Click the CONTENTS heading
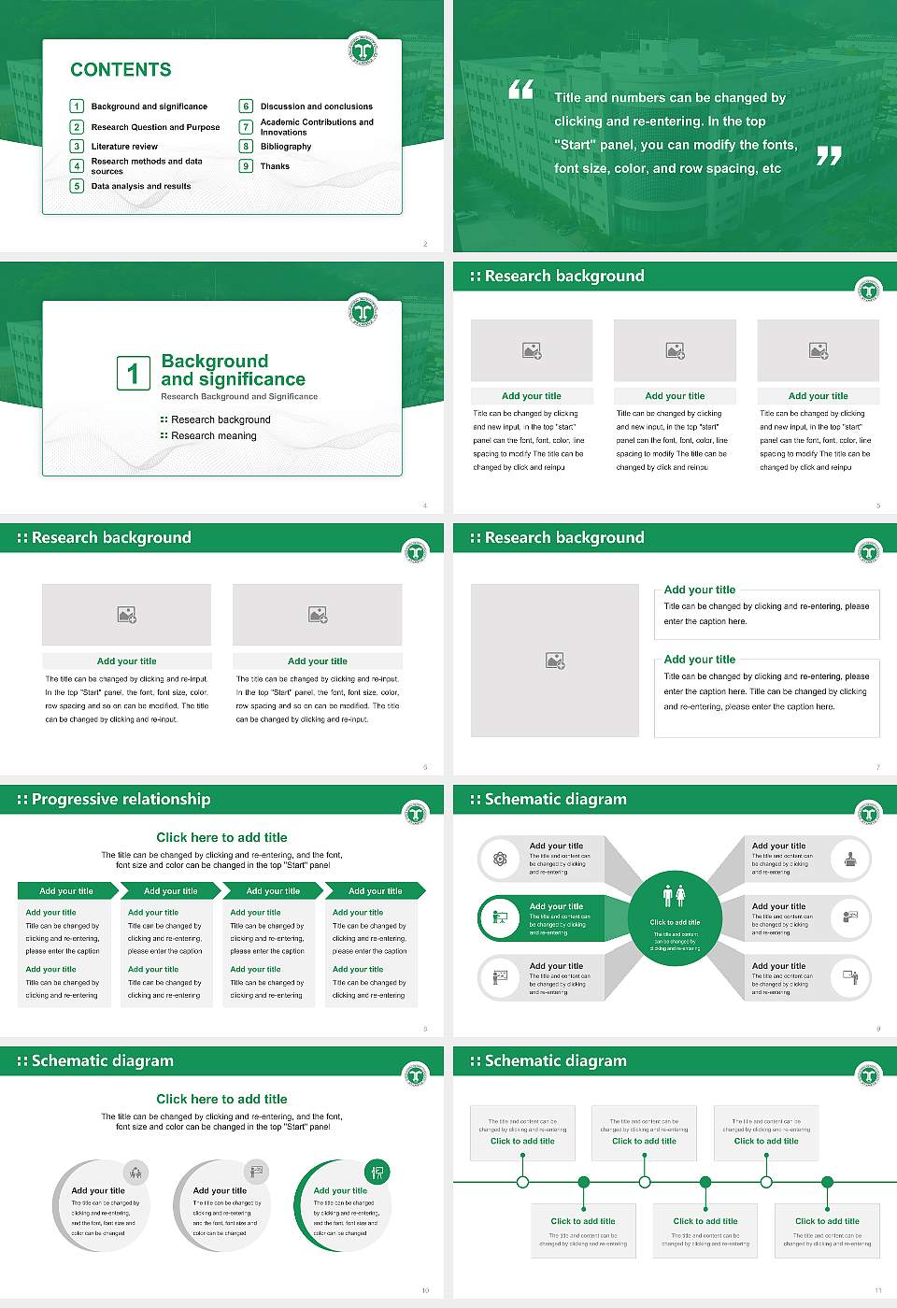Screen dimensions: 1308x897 click(121, 70)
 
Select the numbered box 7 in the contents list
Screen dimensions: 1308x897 click(247, 127)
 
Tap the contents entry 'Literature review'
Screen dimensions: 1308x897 click(124, 147)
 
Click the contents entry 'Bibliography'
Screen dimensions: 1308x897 click(286, 147)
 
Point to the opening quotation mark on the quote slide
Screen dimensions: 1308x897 click(520, 90)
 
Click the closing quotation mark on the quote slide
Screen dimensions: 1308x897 click(829, 156)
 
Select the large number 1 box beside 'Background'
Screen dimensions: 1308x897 click(133, 373)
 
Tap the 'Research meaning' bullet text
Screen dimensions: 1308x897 click(213, 436)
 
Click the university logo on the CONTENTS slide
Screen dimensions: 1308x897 click(363, 49)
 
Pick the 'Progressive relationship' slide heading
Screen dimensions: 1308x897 click(121, 800)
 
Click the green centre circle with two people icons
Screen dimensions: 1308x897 click(675, 919)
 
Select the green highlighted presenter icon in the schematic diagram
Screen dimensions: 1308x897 click(500, 918)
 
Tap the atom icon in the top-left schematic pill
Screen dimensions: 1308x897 click(500, 859)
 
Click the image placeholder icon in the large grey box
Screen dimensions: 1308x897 click(555, 661)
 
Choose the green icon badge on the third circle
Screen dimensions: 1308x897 click(377, 1172)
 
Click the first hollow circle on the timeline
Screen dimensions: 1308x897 click(522, 1182)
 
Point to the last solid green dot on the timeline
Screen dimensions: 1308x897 click(827, 1182)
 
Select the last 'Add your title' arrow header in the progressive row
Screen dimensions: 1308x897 click(376, 891)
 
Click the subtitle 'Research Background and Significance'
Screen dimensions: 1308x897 click(239, 397)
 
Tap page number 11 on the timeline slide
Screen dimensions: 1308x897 click(877, 1290)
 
